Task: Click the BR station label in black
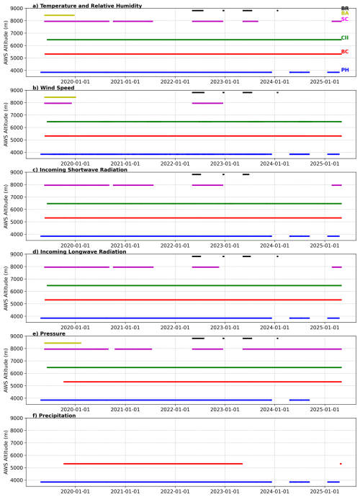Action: tap(345, 9)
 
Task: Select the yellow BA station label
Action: tap(345, 13)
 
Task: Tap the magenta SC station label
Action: tap(344, 19)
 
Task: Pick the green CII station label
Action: tap(345, 37)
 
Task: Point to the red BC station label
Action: tap(345, 52)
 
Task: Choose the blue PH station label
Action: tap(345, 70)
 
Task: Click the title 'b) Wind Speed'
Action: tap(53, 88)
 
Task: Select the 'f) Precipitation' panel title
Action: tap(54, 416)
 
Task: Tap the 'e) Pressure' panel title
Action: tap(49, 333)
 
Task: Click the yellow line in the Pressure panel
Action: tap(63, 343)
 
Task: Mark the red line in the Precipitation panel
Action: tap(153, 464)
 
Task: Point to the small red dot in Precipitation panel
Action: tap(341, 464)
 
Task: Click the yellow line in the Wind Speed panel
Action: tap(60, 97)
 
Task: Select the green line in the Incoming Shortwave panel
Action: tap(194, 204)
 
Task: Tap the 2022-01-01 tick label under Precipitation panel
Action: tap(175, 491)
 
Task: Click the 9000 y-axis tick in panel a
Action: tap(18, 9)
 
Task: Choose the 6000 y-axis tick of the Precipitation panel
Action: tap(18, 455)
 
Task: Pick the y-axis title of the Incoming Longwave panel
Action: tap(6, 288)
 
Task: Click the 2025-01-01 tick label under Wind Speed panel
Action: tap(325, 164)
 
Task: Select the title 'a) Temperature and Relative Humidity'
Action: tap(87, 6)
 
